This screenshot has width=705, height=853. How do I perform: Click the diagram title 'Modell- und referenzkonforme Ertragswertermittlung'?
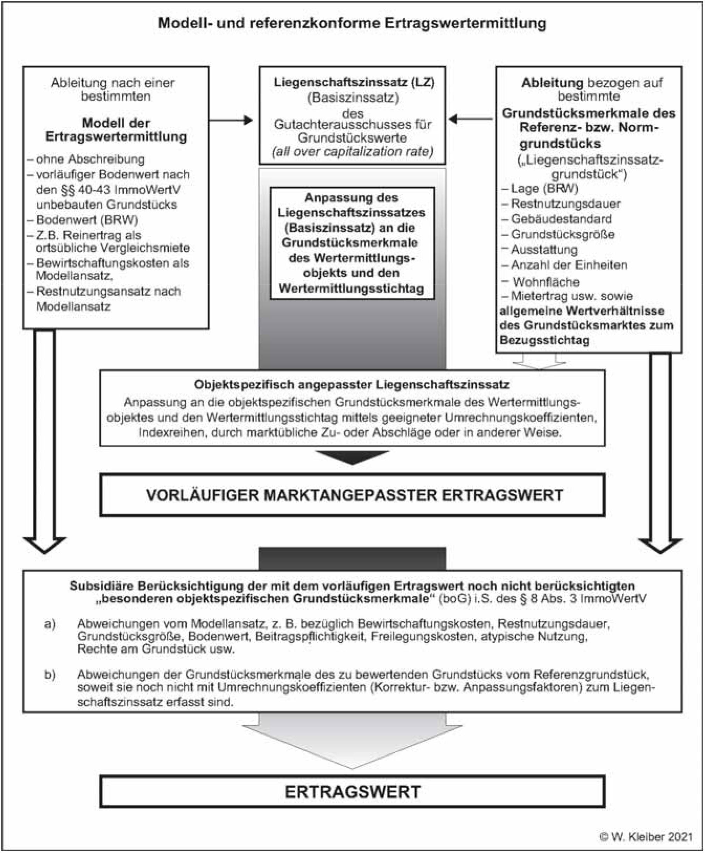352,23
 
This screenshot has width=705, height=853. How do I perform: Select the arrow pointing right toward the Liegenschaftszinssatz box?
231,120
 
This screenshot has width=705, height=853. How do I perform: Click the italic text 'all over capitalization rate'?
352,152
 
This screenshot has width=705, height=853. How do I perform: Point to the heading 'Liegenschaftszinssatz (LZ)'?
354,83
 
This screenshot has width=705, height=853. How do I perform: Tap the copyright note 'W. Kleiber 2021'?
646,837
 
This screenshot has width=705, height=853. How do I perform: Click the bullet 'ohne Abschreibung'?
90,159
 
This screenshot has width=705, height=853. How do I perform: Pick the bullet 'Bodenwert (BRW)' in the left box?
87,220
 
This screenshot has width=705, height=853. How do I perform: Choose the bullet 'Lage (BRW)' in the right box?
544,189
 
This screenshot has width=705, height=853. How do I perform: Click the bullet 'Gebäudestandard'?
561,219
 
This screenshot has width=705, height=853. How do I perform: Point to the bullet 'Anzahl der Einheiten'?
569,265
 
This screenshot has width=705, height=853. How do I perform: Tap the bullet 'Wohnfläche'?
545,282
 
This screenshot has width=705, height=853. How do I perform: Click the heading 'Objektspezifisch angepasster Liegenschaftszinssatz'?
352,384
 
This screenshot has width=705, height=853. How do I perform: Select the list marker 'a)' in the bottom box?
50,624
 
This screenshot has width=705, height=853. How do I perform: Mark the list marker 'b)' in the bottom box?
50,674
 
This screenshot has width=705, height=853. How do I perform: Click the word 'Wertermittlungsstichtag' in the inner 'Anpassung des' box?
352,288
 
